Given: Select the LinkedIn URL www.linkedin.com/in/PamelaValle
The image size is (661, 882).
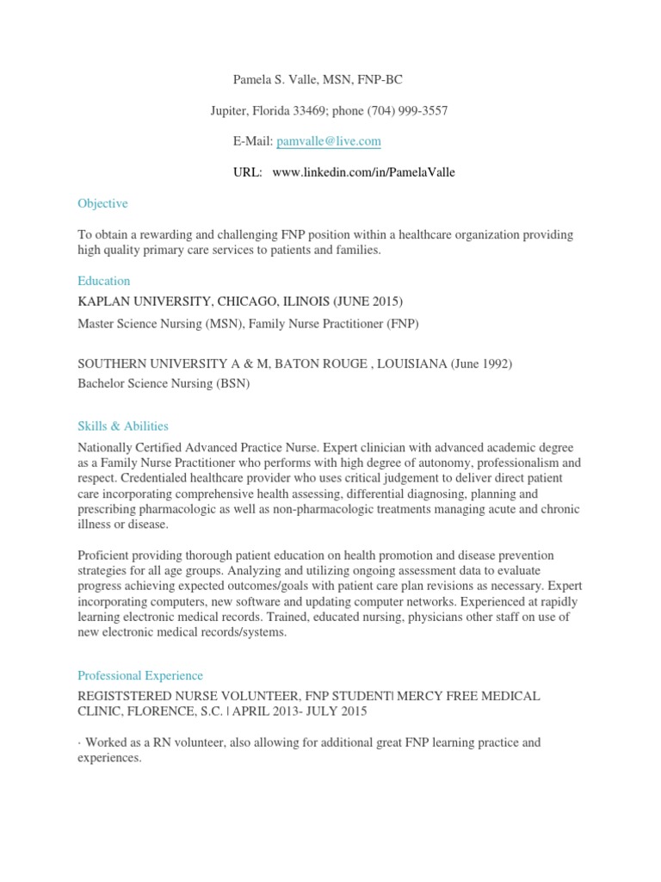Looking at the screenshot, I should pos(363,172).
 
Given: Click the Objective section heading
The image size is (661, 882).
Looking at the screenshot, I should pos(102,203).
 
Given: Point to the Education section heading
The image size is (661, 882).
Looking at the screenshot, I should pos(103,281).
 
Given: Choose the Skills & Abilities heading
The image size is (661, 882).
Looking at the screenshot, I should pos(123,425).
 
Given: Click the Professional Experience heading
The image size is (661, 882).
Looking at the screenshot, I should pos(140,676).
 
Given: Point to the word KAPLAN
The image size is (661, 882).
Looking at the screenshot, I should pos(103,301).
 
